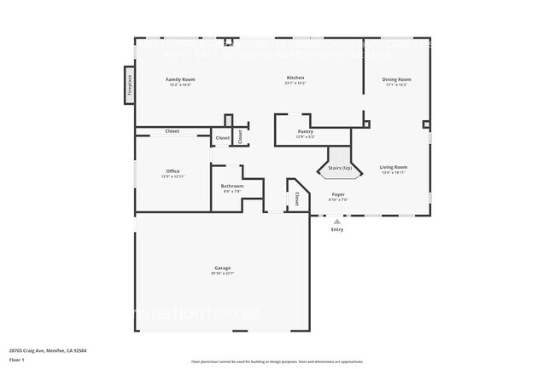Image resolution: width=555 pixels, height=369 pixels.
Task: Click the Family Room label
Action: click(179, 79)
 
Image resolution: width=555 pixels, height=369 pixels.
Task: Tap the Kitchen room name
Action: click(295, 78)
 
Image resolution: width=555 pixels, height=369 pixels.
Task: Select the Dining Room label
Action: click(396, 79)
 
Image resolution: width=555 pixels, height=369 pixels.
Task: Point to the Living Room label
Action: click(394, 167)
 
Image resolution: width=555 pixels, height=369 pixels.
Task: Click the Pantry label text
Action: click(305, 131)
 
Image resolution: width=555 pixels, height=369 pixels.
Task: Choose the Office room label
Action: click(173, 171)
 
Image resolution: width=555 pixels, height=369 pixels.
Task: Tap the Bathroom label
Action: click(232, 186)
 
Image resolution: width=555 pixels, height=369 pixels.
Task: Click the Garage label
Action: click(222, 268)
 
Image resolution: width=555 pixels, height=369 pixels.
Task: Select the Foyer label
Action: click(338, 194)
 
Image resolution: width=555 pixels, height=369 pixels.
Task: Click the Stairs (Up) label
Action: click(340, 168)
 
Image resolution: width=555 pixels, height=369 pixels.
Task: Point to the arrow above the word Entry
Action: click(336, 222)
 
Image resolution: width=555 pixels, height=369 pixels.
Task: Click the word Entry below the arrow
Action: click(336, 229)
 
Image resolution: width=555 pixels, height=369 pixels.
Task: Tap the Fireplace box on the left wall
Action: click(130, 85)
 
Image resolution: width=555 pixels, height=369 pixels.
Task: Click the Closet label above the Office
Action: click(172, 131)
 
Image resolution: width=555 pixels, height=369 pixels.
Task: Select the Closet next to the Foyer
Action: click(296, 199)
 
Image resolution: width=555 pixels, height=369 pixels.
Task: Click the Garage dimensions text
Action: click(222, 273)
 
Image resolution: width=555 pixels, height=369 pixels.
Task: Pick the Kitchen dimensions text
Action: click(295, 84)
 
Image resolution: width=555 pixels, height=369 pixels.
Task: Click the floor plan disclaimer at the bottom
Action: click(277, 361)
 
